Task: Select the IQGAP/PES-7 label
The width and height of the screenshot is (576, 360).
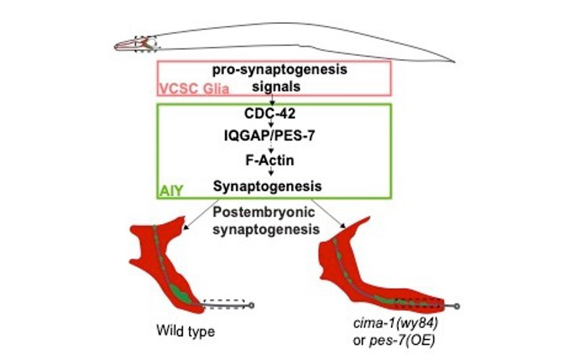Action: (x=274, y=138)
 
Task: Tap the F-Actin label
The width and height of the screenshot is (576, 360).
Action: (x=274, y=162)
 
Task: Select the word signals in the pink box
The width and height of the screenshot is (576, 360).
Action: (x=274, y=87)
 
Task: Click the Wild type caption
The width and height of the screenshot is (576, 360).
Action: (x=184, y=332)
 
